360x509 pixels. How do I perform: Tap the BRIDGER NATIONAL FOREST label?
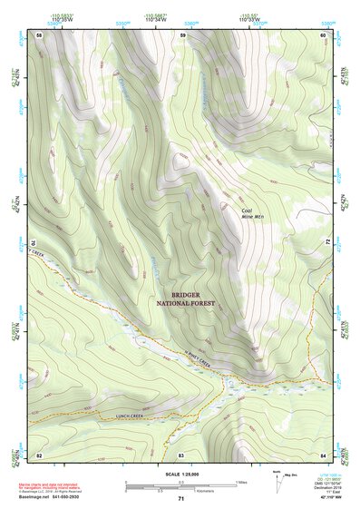pos(185,300)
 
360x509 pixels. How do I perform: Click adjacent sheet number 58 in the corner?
pos(39,34)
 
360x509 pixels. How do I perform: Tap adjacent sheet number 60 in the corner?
pos(323,34)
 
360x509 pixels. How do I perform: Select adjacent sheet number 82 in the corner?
pos(39,454)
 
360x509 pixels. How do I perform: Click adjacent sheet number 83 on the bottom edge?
pos(180,454)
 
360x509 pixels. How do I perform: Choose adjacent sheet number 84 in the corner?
pos(323,454)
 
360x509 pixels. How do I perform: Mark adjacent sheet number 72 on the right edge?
pos(327,242)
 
